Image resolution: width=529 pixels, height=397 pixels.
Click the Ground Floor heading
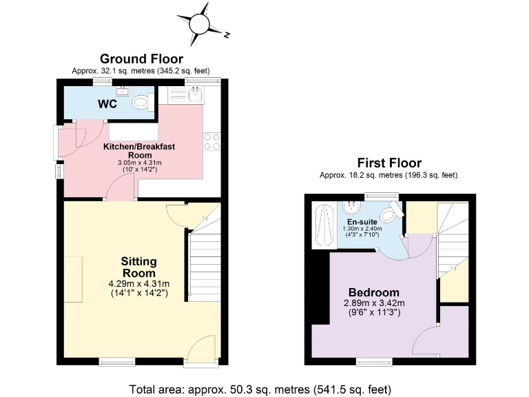(x=141, y=59)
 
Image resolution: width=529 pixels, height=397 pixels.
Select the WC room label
(x=107, y=104)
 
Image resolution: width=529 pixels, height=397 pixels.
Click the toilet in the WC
(x=141, y=102)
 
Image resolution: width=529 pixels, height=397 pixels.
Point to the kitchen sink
(x=195, y=92)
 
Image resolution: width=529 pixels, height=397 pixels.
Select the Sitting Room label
(x=138, y=267)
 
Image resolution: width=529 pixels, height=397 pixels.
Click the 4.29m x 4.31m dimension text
(x=138, y=283)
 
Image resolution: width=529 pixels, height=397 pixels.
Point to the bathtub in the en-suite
(x=322, y=225)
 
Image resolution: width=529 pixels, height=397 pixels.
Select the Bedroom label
(x=374, y=292)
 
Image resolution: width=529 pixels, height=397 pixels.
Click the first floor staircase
(x=453, y=234)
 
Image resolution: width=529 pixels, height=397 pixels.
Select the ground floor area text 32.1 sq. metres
(x=141, y=71)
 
